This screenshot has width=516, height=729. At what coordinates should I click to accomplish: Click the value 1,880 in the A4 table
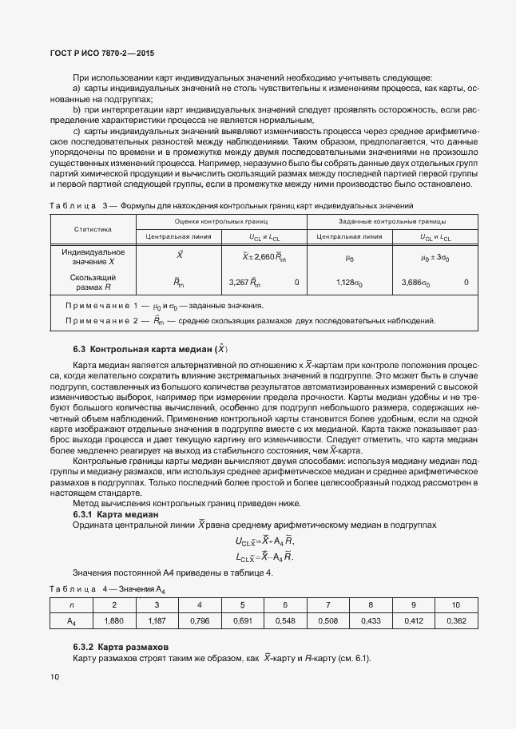coord(114,620)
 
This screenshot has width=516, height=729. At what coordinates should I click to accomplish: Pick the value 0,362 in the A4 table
coord(455,620)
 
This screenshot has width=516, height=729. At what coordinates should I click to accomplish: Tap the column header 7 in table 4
coord(327,604)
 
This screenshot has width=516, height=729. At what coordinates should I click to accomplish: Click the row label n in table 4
coord(71,604)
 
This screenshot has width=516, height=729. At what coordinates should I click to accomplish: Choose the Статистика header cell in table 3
coord(93,228)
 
